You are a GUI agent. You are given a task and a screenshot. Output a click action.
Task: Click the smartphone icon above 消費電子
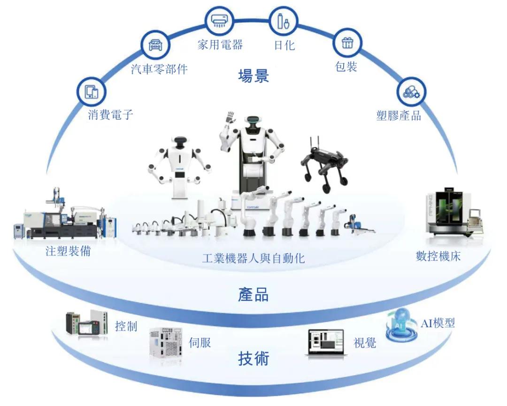92,92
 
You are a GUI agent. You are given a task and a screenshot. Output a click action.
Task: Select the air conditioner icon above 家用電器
220,20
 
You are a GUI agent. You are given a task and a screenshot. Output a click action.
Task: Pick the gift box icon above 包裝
347,43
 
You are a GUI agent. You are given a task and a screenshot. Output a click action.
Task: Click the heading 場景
253,76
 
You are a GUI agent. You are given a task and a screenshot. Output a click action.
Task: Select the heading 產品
253,294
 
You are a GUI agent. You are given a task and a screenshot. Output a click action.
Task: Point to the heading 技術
253,359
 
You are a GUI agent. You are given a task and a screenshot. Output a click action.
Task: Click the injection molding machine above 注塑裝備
65,216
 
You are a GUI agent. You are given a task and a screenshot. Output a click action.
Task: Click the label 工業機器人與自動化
253,258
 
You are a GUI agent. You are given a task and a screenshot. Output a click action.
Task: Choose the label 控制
126,326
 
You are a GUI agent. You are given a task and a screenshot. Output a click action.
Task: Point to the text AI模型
438,323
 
